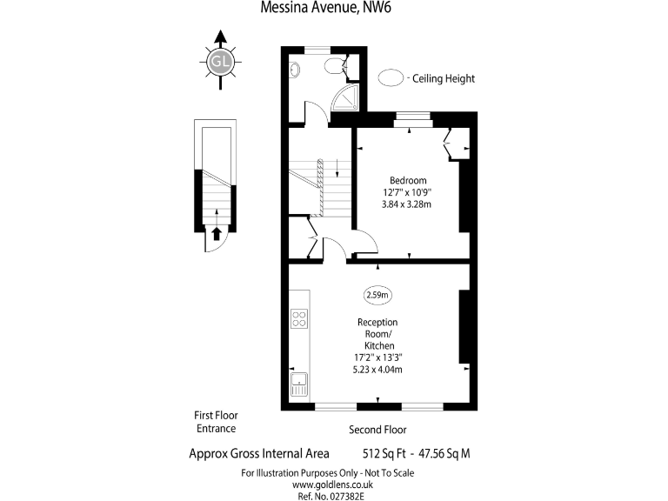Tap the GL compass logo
click(x=219, y=61)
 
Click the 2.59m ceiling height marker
click(x=377, y=295)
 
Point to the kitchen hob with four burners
click(x=299, y=318)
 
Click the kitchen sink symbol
click(x=299, y=384)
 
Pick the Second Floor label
click(x=377, y=430)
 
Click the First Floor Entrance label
click(x=216, y=422)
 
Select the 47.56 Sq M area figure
click(x=441, y=453)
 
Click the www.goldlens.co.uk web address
click(x=327, y=484)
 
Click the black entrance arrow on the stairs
click(x=216, y=232)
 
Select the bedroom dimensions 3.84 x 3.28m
click(x=407, y=204)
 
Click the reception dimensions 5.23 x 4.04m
click(x=377, y=369)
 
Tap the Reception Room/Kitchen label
click(x=377, y=333)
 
